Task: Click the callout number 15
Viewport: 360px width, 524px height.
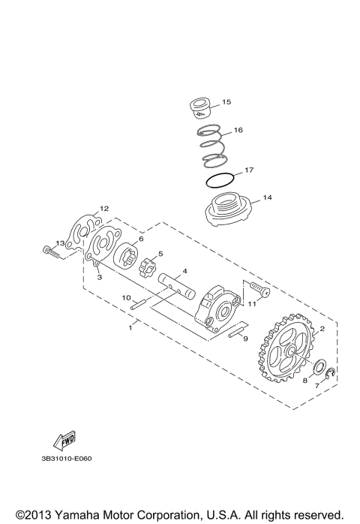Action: coord(227,101)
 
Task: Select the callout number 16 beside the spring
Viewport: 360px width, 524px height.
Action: coord(238,130)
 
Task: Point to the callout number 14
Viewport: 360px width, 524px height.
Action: coord(266,200)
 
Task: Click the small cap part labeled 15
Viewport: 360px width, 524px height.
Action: coord(199,107)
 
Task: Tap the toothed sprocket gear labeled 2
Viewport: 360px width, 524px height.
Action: coord(289,349)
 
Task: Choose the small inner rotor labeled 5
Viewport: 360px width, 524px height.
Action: coord(148,267)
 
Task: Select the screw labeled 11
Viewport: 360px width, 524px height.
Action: coord(259,288)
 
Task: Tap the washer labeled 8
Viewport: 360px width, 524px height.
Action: coord(319,369)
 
